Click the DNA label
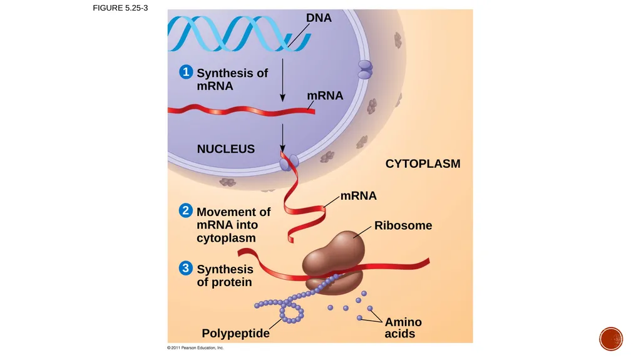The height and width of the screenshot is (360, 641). coord(319,18)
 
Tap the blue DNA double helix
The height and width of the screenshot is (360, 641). coord(239,34)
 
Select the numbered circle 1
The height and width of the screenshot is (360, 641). coord(186,72)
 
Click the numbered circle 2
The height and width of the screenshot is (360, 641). coord(185,211)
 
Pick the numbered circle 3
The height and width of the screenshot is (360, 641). coord(185,269)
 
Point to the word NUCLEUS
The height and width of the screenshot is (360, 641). coord(225,149)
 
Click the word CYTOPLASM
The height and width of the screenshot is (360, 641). coord(423,163)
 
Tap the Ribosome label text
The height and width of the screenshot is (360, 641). coord(403,225)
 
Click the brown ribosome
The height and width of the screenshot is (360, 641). coord(333,262)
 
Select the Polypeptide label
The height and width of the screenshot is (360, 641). coord(235,334)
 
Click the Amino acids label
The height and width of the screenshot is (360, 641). coord(403,327)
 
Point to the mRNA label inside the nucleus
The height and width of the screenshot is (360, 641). coord(325,95)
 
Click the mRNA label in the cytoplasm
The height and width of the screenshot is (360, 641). coord(359,195)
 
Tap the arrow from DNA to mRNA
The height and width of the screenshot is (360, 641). coord(282,80)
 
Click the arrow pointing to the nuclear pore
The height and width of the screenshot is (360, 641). coord(282,138)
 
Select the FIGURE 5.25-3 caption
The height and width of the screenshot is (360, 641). coord(120,8)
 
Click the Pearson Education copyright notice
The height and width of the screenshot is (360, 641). coord(195,347)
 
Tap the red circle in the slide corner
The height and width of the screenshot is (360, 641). coord(611,339)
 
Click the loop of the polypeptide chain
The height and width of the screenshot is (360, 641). coord(292,312)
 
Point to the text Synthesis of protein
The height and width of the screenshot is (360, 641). coord(225,275)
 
